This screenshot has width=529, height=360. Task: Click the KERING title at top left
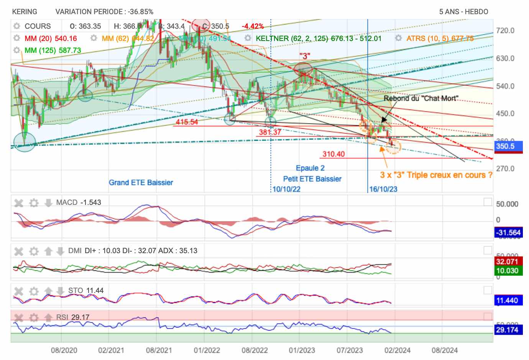25,12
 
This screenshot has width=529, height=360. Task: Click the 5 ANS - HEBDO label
463,12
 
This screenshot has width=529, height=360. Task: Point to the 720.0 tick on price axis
505,31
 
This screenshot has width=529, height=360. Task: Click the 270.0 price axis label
505,169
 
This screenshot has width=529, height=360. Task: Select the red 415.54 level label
187,122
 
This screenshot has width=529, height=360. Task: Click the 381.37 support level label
270,132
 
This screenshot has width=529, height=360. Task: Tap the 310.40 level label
333,154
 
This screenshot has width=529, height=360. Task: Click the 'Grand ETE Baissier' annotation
141,183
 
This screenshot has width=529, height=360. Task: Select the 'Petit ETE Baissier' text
312,179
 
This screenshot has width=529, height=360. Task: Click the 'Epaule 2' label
310,168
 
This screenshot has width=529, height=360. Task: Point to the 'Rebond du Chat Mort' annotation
421,98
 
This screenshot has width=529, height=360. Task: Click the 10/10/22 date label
286,189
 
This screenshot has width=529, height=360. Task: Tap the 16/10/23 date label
383,189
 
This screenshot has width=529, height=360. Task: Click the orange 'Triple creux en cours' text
436,175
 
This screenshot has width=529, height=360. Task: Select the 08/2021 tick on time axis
159,350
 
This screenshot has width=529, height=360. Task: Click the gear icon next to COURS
16,26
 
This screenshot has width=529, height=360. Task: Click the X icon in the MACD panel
19,203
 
